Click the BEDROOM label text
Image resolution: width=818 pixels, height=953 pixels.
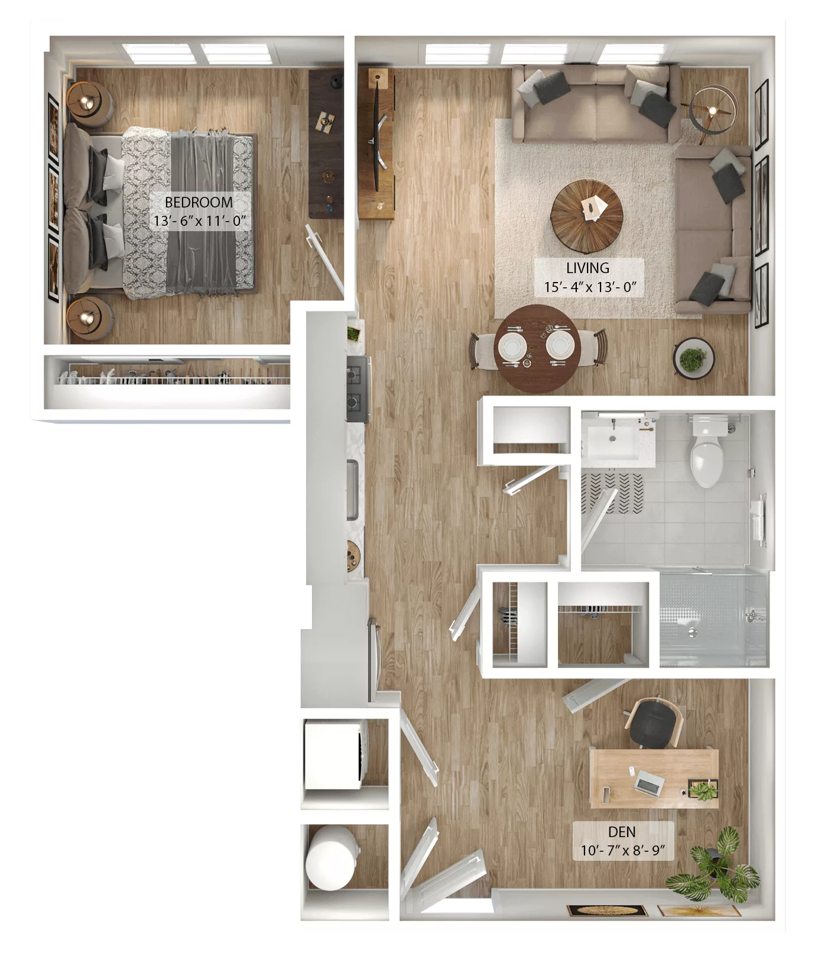pyautogui.click(x=199, y=202)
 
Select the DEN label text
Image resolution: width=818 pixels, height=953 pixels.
pyautogui.click(x=622, y=832)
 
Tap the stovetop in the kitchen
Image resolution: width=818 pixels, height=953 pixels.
pyautogui.click(x=358, y=388)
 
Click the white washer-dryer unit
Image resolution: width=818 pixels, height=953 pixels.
pyautogui.click(x=334, y=754)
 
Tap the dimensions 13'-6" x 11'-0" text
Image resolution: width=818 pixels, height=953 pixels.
pyautogui.click(x=199, y=222)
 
